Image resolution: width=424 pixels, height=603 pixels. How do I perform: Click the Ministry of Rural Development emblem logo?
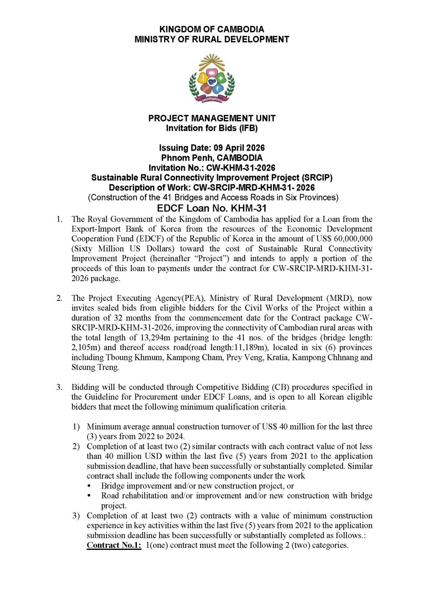pos(212,78)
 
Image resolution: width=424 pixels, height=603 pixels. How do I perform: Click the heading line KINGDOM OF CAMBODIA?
pos(212,29)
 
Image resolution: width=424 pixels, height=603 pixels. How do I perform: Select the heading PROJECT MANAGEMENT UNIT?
pos(212,118)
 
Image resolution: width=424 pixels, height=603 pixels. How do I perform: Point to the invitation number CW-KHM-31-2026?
pos(240,168)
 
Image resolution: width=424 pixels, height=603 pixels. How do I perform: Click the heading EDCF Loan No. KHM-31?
pos(212,208)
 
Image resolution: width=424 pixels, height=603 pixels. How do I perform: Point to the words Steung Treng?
pos(95,367)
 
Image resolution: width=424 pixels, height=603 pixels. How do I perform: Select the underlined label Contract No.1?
pos(114,545)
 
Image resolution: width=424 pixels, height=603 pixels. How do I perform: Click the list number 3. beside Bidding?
pos(59,387)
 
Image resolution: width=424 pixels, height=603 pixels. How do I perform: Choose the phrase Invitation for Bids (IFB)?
pos(212,128)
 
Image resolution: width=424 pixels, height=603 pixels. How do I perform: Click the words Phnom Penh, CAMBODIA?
pos(212,158)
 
